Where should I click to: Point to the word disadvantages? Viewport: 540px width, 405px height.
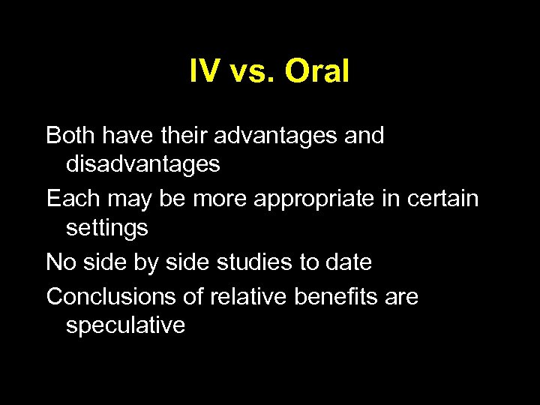click(x=142, y=164)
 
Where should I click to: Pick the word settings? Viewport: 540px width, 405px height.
click(x=106, y=228)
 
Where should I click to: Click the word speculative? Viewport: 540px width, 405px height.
click(x=125, y=326)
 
